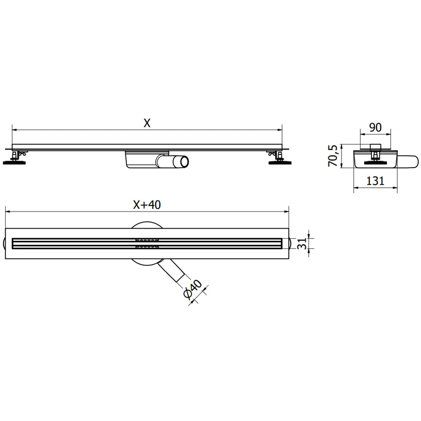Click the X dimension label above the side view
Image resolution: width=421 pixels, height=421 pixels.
pos(147,123)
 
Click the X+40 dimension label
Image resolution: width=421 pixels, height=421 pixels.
pos(147,205)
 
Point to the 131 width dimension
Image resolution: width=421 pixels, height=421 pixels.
pos(375,181)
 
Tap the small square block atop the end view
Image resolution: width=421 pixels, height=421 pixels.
pos(375,147)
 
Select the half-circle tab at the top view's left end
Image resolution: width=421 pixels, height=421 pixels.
pos(4,243)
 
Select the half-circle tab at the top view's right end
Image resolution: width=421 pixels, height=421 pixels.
pos(290,243)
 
